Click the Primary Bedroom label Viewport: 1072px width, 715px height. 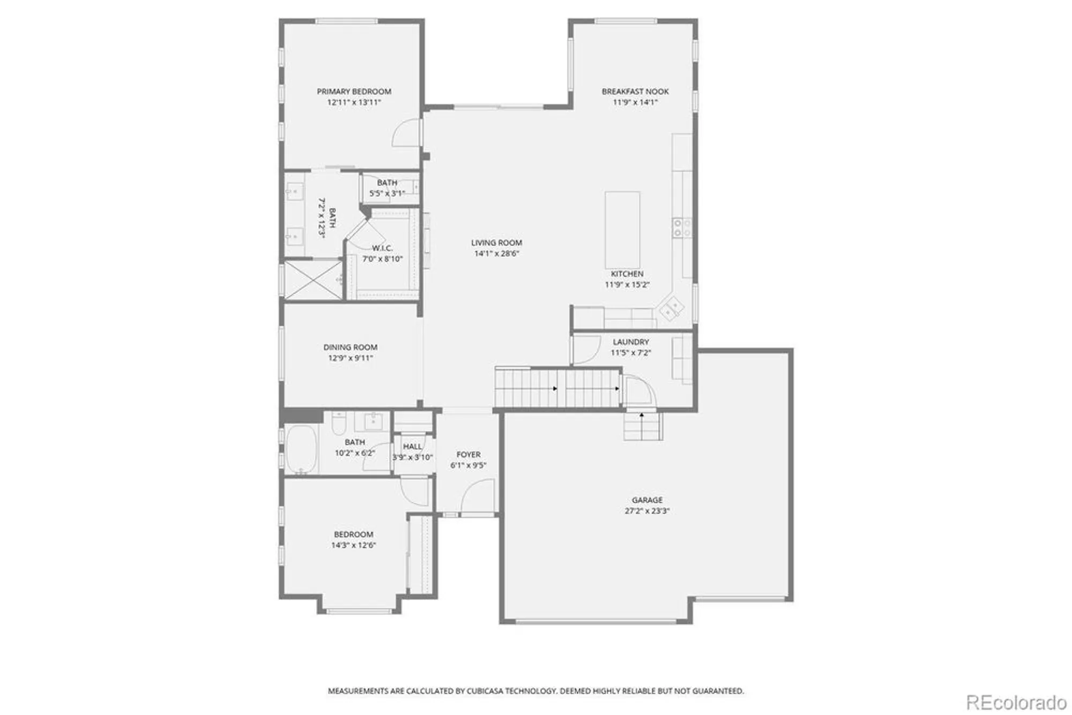[x=354, y=92]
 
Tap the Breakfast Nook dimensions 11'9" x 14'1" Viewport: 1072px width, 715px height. [x=635, y=102]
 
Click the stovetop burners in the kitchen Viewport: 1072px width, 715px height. [x=682, y=227]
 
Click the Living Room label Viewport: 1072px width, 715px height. [x=496, y=243]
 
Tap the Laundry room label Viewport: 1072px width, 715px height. [x=631, y=342]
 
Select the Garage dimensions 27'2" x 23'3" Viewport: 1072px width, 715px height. [x=647, y=511]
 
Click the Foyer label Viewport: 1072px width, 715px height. [x=468, y=455]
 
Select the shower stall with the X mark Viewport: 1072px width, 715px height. [x=312, y=279]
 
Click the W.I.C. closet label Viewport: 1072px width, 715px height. [x=382, y=248]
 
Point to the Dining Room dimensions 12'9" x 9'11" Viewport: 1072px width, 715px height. [x=351, y=359]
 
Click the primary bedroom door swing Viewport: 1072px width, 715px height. [x=406, y=134]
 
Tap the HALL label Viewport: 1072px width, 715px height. [x=412, y=446]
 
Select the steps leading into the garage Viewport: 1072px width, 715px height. [x=642, y=427]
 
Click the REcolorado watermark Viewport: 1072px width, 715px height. [x=1016, y=702]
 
